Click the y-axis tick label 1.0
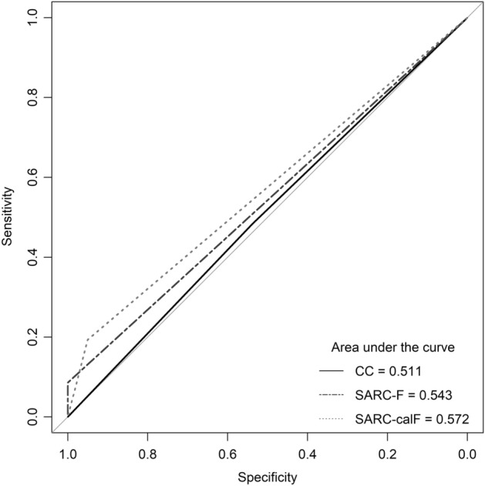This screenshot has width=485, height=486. [x=32, y=18]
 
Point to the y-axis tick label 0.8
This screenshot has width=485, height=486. [x=32, y=98]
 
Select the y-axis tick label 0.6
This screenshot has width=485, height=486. [x=32, y=177]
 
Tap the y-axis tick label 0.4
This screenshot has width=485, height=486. [x=32, y=258]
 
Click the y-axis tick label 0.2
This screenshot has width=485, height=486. [x=32, y=337]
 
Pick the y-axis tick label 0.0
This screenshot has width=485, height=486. [x=32, y=417]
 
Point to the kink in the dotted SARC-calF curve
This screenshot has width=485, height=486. [x=89, y=337]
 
